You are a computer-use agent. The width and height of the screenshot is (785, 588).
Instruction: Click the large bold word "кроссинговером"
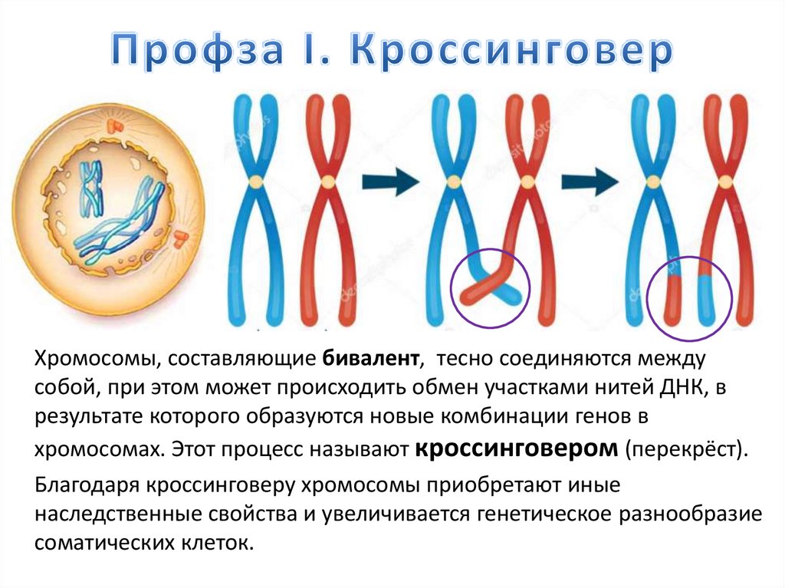coord(517,447)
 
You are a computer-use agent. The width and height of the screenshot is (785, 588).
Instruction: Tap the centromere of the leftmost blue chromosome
coord(256,182)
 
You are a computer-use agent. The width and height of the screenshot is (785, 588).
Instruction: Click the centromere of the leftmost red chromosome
coord(329,182)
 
